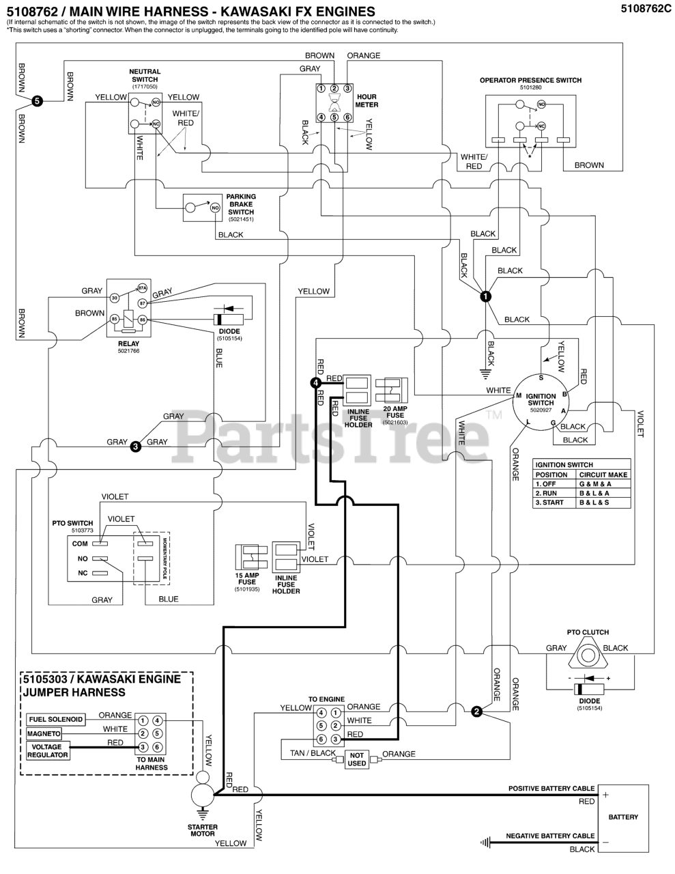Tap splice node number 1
pyautogui.click(x=485, y=296)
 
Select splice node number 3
pyautogui.click(x=136, y=447)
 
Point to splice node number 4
pyautogui.click(x=315, y=383)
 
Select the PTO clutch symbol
pyautogui.click(x=586, y=656)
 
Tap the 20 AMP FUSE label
pyautogui.click(x=395, y=412)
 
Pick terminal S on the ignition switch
pyautogui.click(x=541, y=378)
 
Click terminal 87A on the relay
pyautogui.click(x=143, y=288)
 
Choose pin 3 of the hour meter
pyautogui.click(x=347, y=88)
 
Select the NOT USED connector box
pyautogui.click(x=357, y=759)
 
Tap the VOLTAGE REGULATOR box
pyautogui.click(x=48, y=750)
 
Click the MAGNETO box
pyautogui.click(x=44, y=734)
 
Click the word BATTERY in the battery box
pyautogui.click(x=623, y=817)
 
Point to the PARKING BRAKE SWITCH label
pyautogui.click(x=241, y=204)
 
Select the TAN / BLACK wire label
pyautogui.click(x=313, y=753)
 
